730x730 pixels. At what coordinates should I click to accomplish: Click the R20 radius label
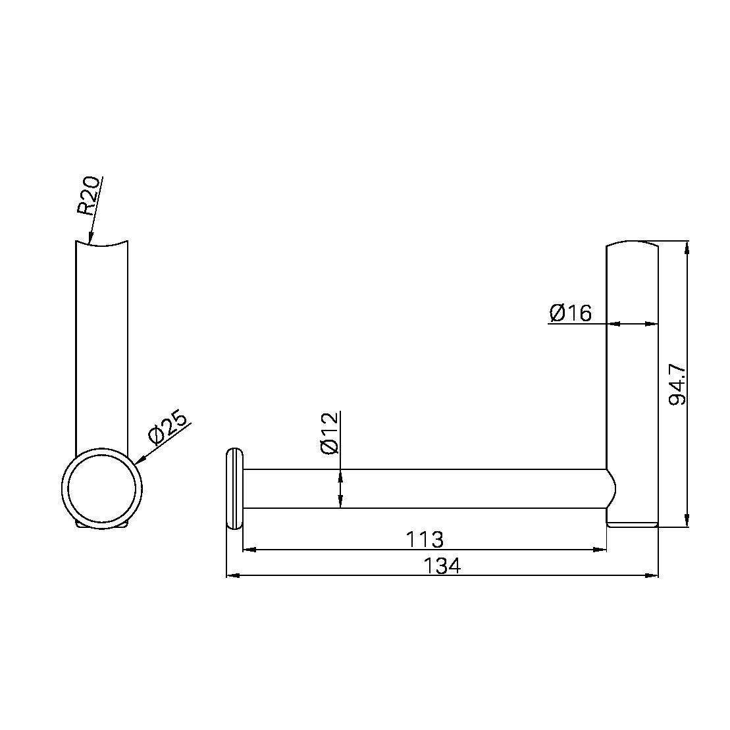[x=88, y=196]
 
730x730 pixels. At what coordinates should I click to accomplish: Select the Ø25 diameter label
[x=168, y=427]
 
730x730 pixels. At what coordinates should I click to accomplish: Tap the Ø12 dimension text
[x=330, y=432]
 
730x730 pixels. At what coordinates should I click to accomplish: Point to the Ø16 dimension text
[x=570, y=313]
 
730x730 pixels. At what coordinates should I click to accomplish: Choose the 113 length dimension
[x=425, y=540]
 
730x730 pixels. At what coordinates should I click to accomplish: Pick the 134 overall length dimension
[x=442, y=565]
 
